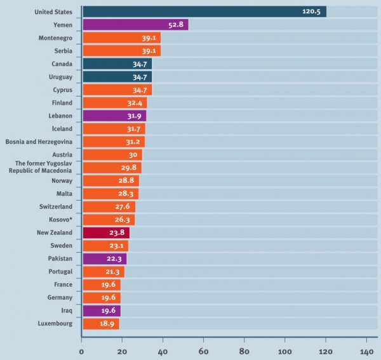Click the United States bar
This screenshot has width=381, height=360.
(x=203, y=11)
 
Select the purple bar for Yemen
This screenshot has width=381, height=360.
(x=135, y=25)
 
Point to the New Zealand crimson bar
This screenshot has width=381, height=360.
(x=105, y=233)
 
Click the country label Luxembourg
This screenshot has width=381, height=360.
(x=55, y=324)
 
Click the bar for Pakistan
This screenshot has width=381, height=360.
(x=104, y=259)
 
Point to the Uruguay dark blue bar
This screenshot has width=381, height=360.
(x=117, y=77)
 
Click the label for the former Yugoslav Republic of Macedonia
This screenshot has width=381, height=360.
(x=43, y=168)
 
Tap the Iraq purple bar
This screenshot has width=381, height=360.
(x=101, y=311)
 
